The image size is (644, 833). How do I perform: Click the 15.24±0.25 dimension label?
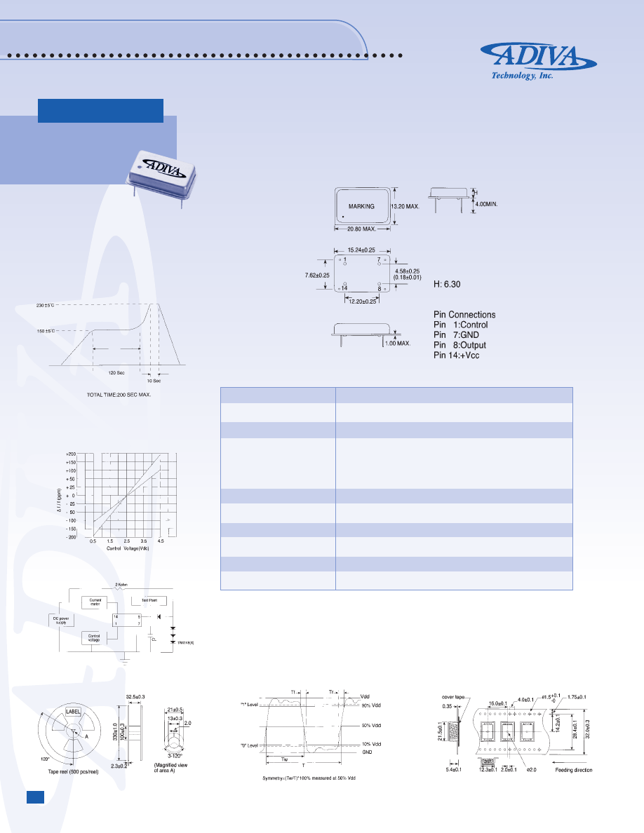[x=362, y=250]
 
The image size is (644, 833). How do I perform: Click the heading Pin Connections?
[x=464, y=315]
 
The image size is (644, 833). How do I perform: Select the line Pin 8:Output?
[x=460, y=345]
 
